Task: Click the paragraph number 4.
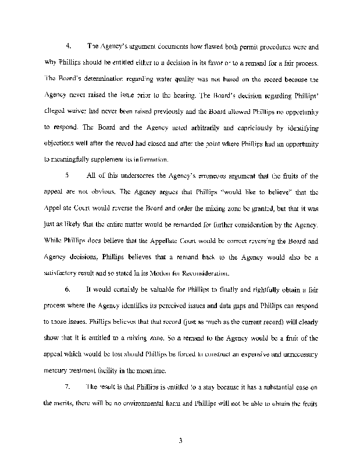(68, 46)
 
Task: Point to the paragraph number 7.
(68, 386)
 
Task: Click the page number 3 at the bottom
(181, 441)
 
